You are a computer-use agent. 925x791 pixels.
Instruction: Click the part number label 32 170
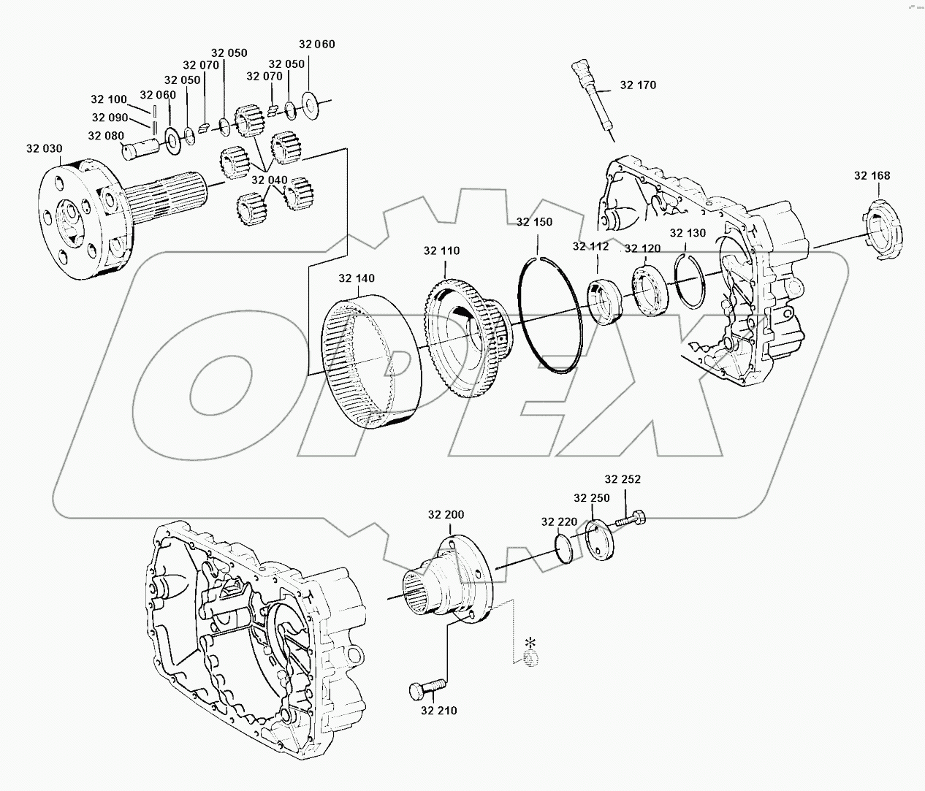coord(638,85)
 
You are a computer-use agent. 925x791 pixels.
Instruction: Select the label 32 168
coord(872,175)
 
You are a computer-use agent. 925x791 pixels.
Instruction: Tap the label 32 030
coord(44,148)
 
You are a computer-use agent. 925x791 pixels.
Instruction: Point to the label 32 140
coord(357,278)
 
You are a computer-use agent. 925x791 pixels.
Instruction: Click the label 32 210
coord(439,710)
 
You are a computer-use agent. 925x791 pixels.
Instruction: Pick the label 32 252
coord(622,479)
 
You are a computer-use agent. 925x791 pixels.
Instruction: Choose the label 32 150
coord(534,222)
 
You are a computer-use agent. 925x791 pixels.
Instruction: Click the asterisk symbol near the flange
coord(531,643)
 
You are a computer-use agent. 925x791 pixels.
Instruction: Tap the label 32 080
coord(105,136)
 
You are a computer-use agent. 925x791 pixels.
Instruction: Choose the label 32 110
coord(441,251)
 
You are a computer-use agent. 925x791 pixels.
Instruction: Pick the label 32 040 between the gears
coord(269,180)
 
